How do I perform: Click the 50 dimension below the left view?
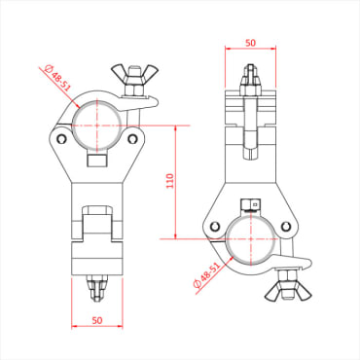click(97, 318)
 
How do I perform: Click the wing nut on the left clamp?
click(131, 75)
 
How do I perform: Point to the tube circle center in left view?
click(97, 125)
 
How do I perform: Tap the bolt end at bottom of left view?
click(97, 288)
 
